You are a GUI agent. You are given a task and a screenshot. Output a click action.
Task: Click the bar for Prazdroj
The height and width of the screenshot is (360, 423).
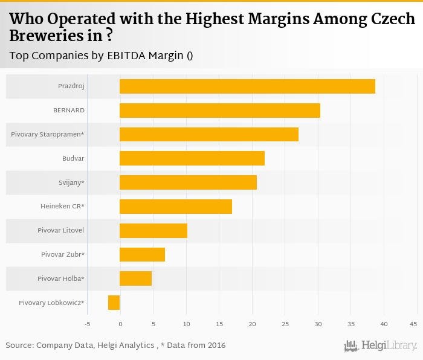(x=247, y=86)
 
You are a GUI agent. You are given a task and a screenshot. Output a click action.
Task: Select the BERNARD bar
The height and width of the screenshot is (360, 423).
(x=220, y=111)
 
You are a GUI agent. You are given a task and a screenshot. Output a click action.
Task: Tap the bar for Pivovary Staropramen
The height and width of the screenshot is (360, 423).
(x=209, y=134)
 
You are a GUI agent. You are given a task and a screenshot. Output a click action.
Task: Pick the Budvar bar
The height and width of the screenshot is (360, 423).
(x=192, y=158)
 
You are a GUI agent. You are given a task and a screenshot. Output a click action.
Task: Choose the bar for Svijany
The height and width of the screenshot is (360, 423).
(x=188, y=182)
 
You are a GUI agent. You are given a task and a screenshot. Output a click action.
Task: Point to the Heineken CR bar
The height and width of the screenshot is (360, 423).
(x=176, y=207)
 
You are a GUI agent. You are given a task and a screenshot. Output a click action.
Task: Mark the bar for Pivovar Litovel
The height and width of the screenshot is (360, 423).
(x=153, y=231)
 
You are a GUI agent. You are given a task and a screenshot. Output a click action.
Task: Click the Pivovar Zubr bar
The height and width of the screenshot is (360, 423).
(x=142, y=254)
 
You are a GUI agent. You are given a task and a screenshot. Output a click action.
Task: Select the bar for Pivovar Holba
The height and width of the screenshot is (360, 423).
(x=135, y=278)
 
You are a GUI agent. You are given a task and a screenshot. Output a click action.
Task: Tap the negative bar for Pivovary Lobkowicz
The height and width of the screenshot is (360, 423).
(x=114, y=303)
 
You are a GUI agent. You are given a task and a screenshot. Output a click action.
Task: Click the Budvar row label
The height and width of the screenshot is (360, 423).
(x=73, y=158)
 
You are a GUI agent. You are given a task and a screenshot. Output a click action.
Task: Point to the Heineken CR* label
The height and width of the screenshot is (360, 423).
(x=62, y=207)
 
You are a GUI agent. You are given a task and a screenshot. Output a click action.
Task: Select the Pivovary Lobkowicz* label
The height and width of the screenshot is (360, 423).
(x=51, y=303)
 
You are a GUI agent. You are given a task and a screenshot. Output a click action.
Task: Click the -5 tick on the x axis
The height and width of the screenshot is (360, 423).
(x=87, y=324)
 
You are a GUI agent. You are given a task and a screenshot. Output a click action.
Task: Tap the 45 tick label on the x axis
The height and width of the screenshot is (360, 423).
(x=413, y=324)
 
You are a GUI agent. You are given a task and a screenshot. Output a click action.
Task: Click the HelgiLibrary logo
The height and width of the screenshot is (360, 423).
(x=381, y=346)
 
